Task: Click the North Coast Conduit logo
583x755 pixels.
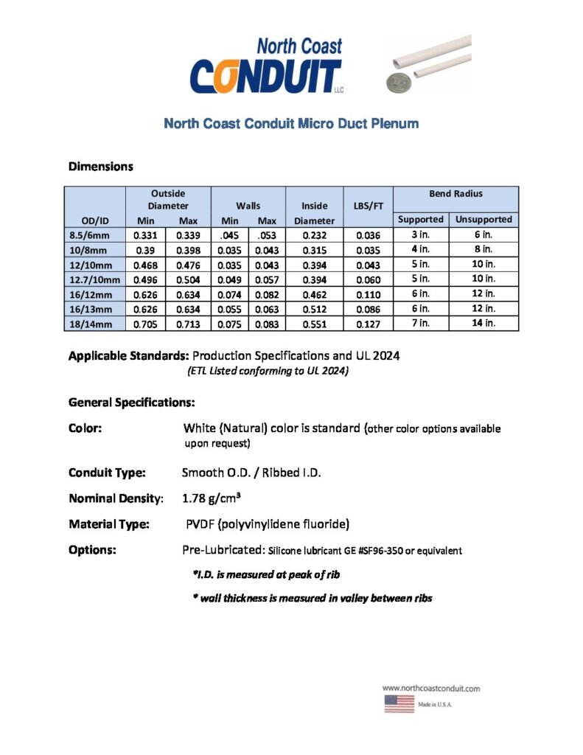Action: [x=266, y=67]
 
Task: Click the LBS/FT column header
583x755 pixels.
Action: [x=368, y=206]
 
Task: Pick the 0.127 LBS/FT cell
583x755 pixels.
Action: [x=368, y=323]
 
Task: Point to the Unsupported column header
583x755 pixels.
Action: [x=483, y=220]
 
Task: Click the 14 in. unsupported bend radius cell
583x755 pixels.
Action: [x=483, y=323]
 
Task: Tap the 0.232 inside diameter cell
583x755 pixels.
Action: [x=314, y=235]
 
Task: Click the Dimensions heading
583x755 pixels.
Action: [x=101, y=167]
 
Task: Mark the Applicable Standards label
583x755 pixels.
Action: [x=128, y=356]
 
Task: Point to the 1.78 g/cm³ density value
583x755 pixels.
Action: [x=209, y=498]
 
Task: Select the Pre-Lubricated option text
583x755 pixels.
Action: [x=223, y=550]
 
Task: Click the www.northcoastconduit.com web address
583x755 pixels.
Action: [x=431, y=688]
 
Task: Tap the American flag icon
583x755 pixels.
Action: [x=399, y=703]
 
